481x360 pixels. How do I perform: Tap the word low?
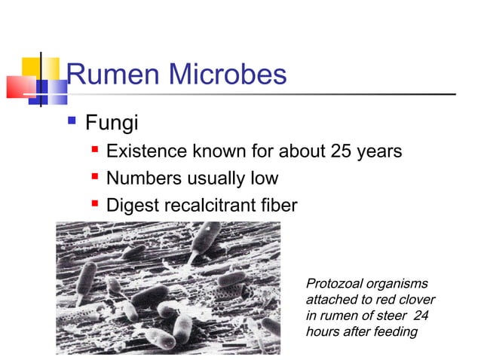(263, 178)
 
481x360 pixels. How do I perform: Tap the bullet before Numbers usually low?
(95, 177)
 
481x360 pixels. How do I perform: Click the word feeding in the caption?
(395, 331)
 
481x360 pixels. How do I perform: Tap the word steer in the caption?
(396, 316)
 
